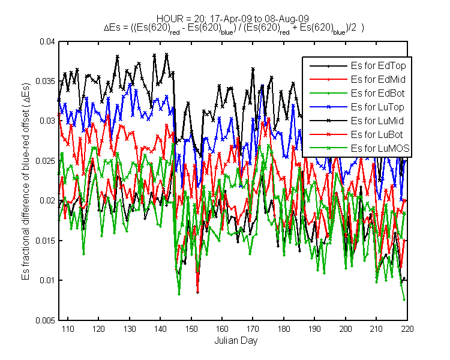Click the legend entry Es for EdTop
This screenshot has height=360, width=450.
pos(378,66)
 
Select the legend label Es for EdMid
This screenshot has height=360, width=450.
pos(378,80)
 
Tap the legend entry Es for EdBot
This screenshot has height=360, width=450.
pos(377,94)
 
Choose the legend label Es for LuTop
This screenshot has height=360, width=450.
pos(377,107)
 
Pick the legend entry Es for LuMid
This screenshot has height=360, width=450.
pos(377,121)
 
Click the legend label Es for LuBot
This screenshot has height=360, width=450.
pos(377,134)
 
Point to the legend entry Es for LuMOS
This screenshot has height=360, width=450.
pos(380,148)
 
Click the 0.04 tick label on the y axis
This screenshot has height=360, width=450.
pos(47,41)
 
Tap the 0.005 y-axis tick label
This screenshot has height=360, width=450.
pos(45,320)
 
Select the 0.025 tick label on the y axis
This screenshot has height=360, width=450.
pos(45,161)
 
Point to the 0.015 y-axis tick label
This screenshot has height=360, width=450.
pos(45,241)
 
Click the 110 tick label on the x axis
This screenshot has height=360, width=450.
pos(68,329)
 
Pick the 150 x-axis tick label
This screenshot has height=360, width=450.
pos(191,329)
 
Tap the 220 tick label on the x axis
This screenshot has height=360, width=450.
pos(407,329)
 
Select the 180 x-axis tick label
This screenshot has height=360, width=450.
pos(284,329)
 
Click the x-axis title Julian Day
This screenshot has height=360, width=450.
pos(236,341)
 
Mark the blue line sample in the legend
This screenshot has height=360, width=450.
pos(329,107)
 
